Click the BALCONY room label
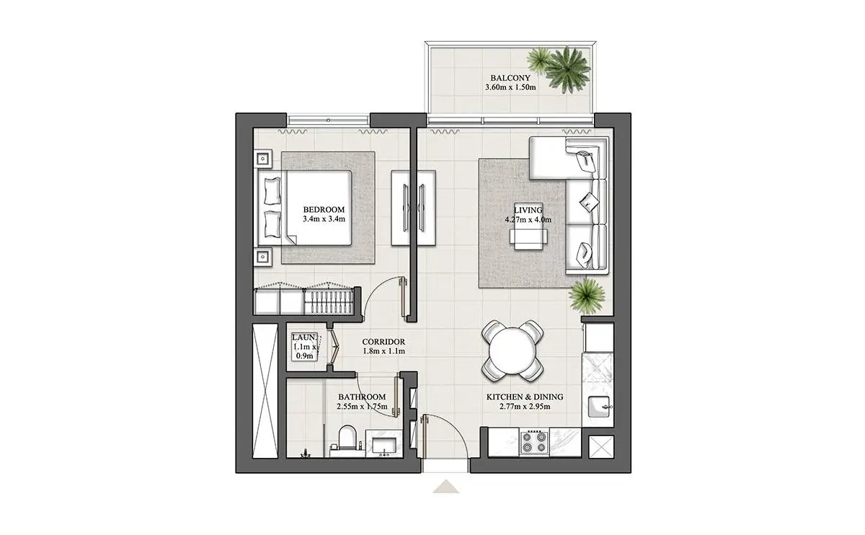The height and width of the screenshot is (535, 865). (510, 78)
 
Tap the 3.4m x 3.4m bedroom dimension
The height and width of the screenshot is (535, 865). (324, 219)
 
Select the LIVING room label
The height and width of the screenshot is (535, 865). (528, 210)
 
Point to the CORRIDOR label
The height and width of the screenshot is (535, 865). (383, 342)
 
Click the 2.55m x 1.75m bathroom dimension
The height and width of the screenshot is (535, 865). (362, 407)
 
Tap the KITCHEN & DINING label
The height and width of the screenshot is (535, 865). (525, 397)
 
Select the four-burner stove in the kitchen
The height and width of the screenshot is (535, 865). (534, 442)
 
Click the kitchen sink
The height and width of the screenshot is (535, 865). (598, 407)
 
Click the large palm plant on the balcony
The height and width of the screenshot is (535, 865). (567, 70)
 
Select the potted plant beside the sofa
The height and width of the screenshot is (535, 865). (587, 296)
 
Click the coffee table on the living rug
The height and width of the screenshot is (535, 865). (528, 236)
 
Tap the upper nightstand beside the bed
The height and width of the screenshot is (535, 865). (263, 159)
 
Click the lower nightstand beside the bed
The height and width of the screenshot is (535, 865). (263, 257)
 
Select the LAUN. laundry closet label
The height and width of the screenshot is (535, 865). (304, 337)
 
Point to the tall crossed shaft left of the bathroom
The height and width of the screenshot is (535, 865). (265, 391)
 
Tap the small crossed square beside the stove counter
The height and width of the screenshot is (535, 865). (601, 447)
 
